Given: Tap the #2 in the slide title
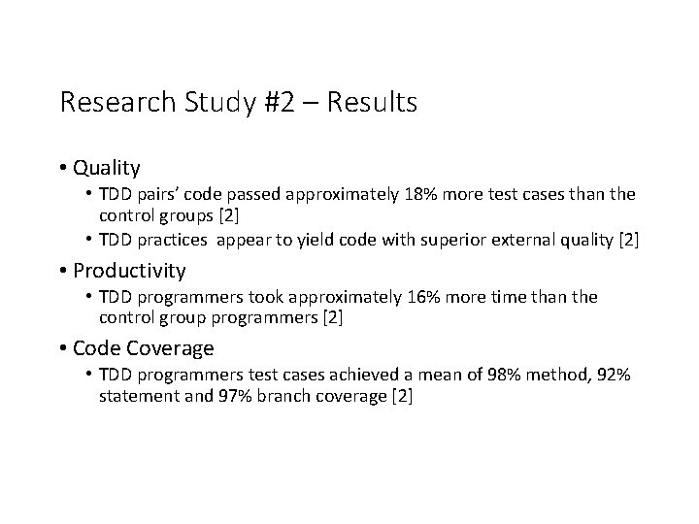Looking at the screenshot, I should (x=279, y=102).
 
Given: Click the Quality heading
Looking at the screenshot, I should (x=106, y=168).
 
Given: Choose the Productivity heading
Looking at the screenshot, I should (x=129, y=270).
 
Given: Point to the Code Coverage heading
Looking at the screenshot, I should (x=144, y=347).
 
